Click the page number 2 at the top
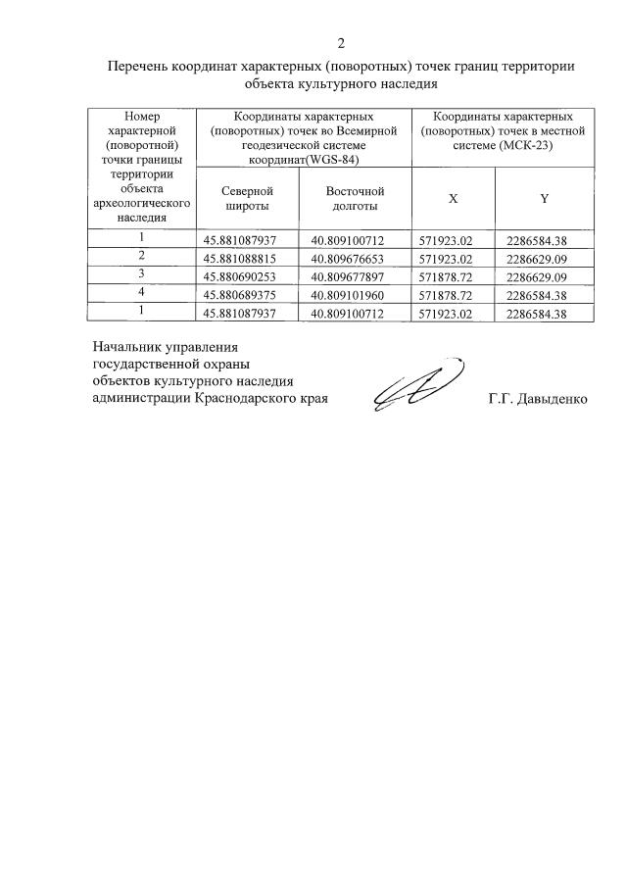341,42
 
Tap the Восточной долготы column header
355,198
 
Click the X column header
453,198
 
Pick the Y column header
544,198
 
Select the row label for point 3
142,274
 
